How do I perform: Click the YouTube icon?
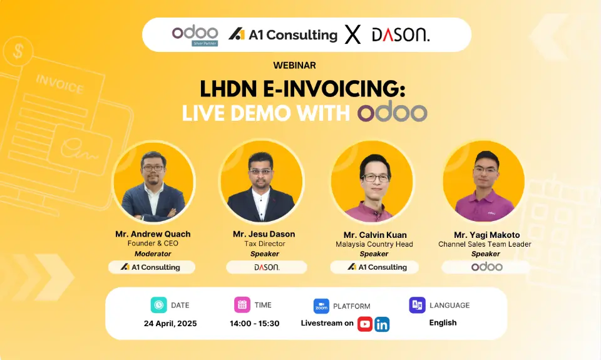click(365, 324)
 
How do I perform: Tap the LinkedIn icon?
click(382, 324)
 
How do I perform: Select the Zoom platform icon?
click(321, 306)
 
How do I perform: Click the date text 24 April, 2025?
click(170, 324)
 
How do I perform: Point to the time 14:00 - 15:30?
click(255, 324)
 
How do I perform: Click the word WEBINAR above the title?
click(294, 66)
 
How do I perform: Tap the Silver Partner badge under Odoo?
click(205, 43)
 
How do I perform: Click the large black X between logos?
click(352, 34)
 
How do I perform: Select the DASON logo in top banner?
click(401, 35)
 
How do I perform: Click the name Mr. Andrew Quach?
click(153, 234)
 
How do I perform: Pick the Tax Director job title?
click(265, 244)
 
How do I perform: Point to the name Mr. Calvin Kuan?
click(375, 235)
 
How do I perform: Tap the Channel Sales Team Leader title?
click(485, 244)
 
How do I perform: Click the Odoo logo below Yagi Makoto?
click(487, 267)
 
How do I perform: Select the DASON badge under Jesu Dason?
click(267, 267)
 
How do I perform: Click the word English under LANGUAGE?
click(443, 323)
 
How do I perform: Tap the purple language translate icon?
click(417, 305)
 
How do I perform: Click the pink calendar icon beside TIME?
click(242, 305)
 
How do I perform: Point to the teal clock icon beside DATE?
click(158, 305)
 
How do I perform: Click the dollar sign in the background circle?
click(18, 51)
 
